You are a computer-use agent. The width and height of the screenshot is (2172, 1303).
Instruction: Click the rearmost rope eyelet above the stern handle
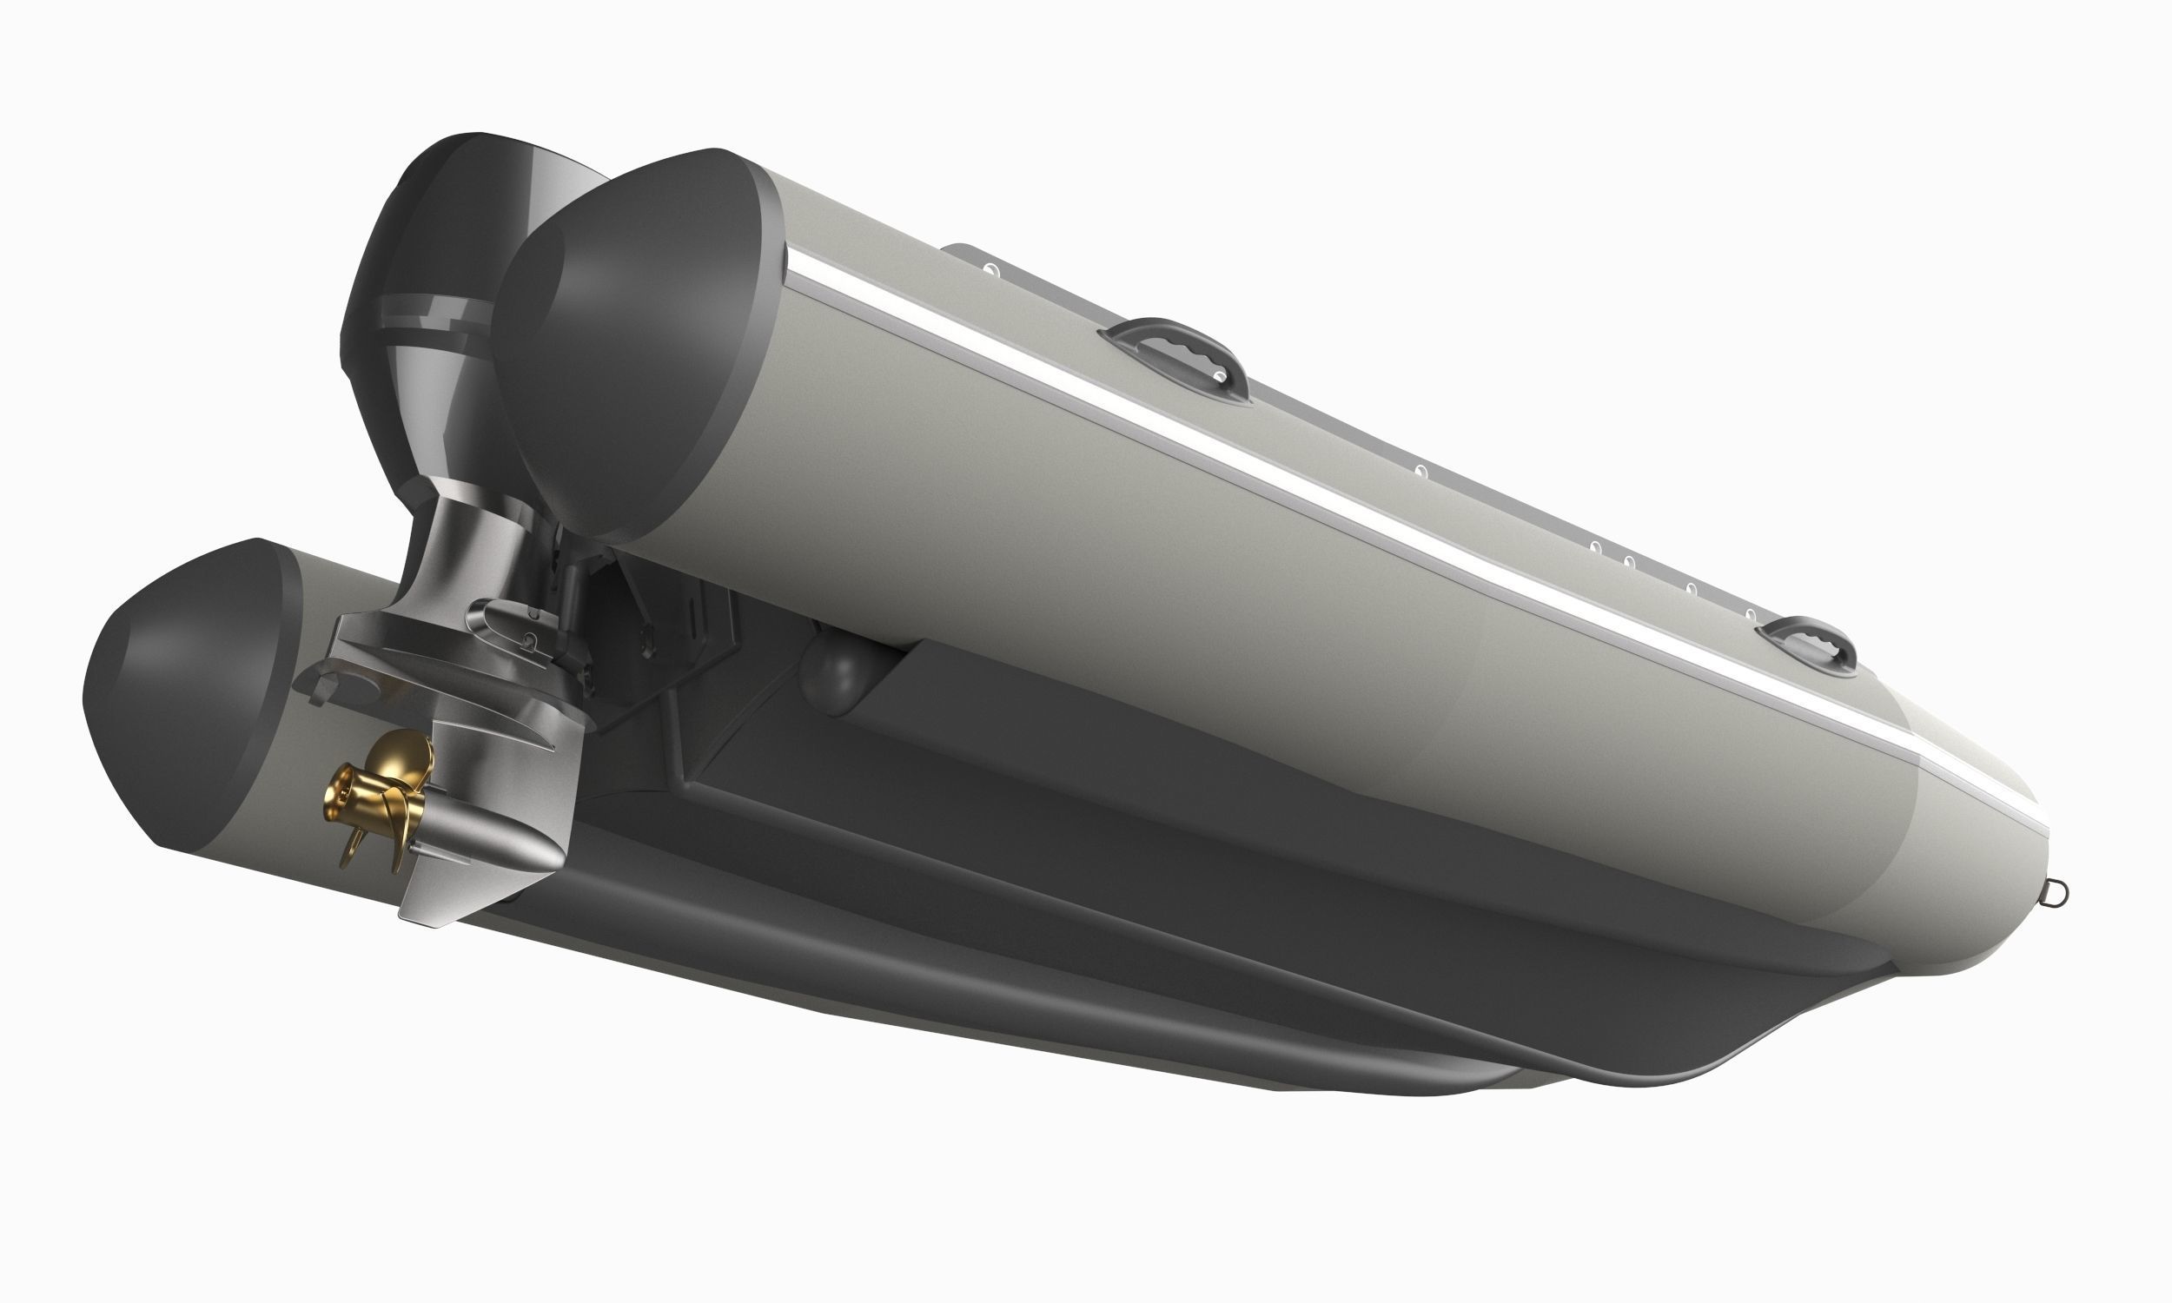click(990, 268)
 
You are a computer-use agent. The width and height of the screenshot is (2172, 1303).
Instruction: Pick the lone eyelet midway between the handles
click(1422, 473)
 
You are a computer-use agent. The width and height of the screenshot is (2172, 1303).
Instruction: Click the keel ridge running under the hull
click(1142, 983)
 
